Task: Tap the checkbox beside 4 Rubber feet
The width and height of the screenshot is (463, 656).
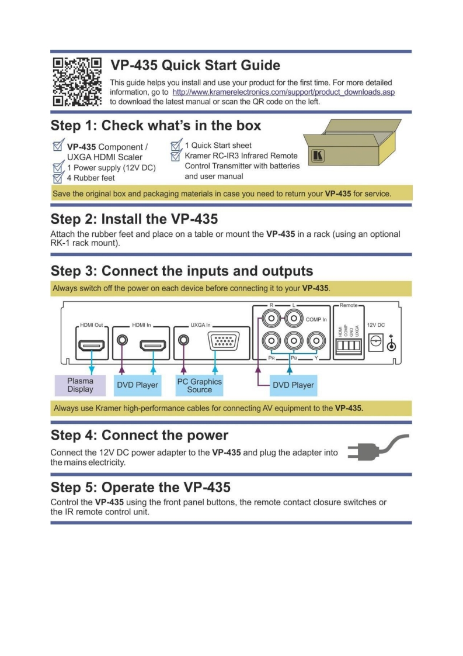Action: (x=57, y=178)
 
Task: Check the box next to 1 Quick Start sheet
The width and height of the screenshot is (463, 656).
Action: (x=175, y=146)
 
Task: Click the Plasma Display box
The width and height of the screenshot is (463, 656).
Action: (x=80, y=385)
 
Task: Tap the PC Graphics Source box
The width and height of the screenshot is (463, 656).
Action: (x=199, y=385)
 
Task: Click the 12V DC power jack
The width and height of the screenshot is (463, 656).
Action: (x=374, y=344)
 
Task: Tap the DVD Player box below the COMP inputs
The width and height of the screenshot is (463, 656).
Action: (x=293, y=385)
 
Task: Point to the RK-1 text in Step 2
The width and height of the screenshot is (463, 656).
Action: (x=61, y=243)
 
